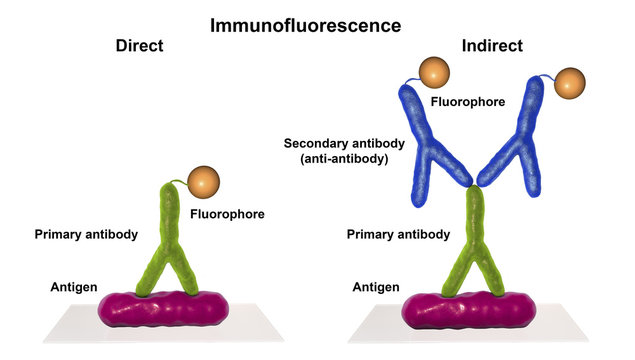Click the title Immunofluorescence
click(x=317, y=23)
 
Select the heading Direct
click(x=139, y=46)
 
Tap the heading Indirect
click(x=492, y=46)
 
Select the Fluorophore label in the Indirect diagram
click(x=465, y=101)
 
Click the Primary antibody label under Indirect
click(x=398, y=234)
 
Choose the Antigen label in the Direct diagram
click(x=73, y=287)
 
